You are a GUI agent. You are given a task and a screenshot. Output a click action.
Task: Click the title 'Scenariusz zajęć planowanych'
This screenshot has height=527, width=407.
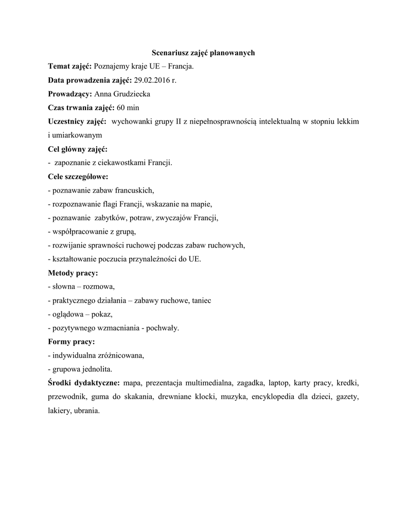203,52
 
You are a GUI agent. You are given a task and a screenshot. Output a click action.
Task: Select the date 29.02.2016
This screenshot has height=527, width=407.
152,80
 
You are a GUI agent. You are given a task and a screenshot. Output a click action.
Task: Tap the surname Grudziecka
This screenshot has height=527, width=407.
130,94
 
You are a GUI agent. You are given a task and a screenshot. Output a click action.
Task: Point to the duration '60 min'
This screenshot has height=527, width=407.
128,108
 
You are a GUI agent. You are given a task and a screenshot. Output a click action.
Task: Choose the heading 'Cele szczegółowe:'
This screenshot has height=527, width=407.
78,177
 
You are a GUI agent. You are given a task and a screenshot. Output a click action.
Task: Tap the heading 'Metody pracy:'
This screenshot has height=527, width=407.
73,273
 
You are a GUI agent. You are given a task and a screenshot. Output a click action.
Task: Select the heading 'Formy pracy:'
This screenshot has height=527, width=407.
72,342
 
